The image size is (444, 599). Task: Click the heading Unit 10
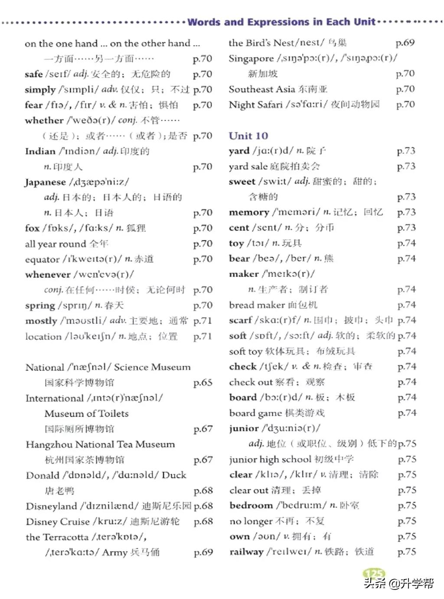coord(248,136)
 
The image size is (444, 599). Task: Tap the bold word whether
coord(44,120)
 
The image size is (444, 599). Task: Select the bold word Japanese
coord(45,182)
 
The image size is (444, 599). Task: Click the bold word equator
coord(42,259)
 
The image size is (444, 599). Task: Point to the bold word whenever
coord(48,275)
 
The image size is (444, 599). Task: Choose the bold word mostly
coord(41,321)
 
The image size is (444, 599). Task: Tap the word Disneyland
coord(51,506)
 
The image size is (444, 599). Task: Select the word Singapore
coord(251,59)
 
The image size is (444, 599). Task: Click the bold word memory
coord(249,212)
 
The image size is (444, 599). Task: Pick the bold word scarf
coord(241,320)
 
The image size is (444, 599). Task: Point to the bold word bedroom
coord(251,505)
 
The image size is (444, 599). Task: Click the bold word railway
coord(246,552)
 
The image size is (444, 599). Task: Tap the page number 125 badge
coord(373,574)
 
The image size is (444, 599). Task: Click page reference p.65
coord(203,383)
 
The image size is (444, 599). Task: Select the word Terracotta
coord(66,537)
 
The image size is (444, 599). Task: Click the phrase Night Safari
coord(255,104)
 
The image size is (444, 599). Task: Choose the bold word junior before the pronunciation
coord(244,428)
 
